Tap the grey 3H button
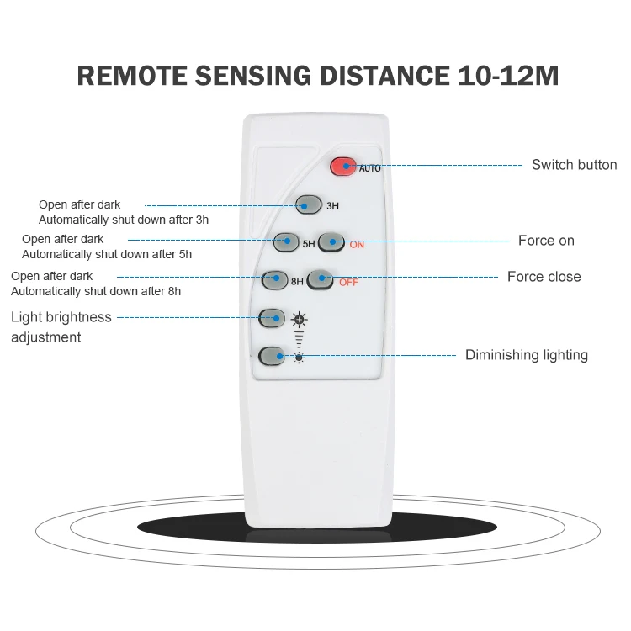point(309,204)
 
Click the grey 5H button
point(287,242)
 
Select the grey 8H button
point(275,278)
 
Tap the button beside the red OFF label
point(320,279)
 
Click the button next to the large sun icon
point(272,318)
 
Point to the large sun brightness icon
point(300,319)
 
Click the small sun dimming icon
point(299,358)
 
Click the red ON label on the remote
point(357,245)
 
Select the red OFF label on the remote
point(348,283)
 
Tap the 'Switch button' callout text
point(574,165)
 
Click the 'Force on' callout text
point(546,241)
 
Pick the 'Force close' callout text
point(544,277)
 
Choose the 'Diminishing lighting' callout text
point(527,355)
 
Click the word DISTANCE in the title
point(387,76)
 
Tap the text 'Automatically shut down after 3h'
point(124,220)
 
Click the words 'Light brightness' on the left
point(61,317)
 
